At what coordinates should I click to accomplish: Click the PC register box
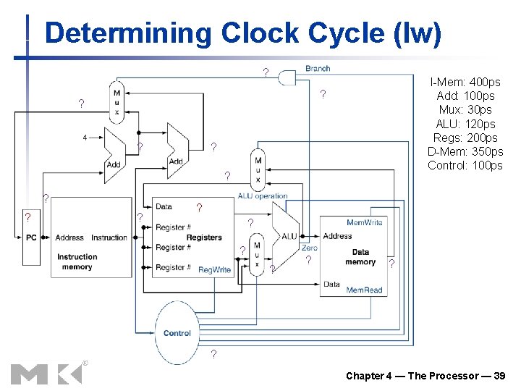coord(31,237)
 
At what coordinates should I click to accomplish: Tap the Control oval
coord(177,333)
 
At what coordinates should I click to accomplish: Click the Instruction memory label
coord(77,261)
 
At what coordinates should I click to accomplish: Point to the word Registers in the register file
coord(204,237)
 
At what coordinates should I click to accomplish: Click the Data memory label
coord(360,257)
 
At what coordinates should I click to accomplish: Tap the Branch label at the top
coord(318,68)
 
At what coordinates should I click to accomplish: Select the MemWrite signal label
coord(365,222)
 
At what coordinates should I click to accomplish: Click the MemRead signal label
coord(364,290)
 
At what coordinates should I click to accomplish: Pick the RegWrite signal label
coord(214,270)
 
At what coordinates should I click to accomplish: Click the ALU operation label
coord(263,195)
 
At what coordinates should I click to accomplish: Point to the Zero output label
coord(309,248)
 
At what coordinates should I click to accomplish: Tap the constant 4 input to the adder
coord(85,137)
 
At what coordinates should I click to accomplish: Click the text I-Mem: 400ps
coord(465,82)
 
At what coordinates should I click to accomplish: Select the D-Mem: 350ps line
coord(465,151)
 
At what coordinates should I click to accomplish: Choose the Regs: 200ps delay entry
coord(465,138)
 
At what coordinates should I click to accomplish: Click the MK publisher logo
coord(46,374)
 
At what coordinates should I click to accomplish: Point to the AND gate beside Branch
coord(288,76)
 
